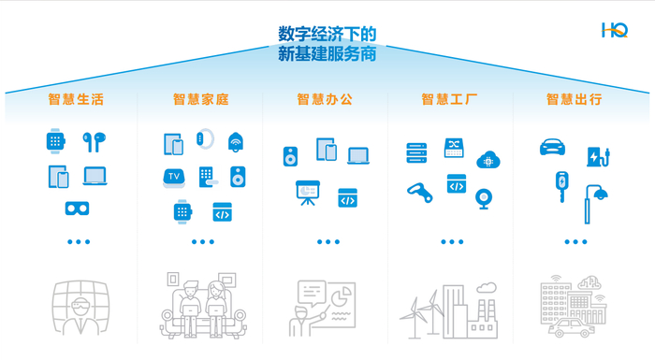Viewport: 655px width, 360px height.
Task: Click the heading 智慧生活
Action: click(76, 98)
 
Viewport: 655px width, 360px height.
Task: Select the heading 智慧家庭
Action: click(200, 98)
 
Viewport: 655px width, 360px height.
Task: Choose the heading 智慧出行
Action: click(574, 98)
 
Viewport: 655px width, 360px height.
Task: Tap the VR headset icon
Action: click(77, 208)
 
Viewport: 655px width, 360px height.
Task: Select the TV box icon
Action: click(174, 176)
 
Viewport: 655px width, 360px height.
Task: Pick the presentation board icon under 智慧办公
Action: click(307, 193)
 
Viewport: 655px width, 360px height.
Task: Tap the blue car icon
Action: click(553, 148)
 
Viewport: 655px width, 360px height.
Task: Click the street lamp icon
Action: click(596, 198)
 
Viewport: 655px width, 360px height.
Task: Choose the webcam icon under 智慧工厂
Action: click(484, 198)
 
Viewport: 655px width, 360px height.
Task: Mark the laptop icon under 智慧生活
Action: click(95, 176)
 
